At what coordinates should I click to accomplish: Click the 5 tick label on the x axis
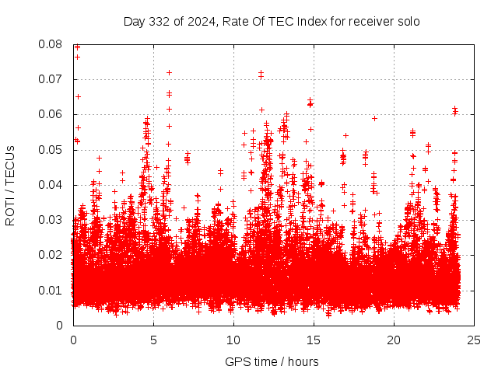[153, 340]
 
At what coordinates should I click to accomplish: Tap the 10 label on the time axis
[233, 340]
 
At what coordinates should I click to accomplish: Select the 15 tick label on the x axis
[314, 340]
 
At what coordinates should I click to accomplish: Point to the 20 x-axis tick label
[394, 340]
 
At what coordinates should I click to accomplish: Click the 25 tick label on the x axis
[474, 340]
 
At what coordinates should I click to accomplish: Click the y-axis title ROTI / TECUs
[11, 185]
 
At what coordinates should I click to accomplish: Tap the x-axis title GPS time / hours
[272, 361]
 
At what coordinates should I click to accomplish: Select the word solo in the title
[407, 21]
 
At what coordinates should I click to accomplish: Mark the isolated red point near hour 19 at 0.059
[374, 118]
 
